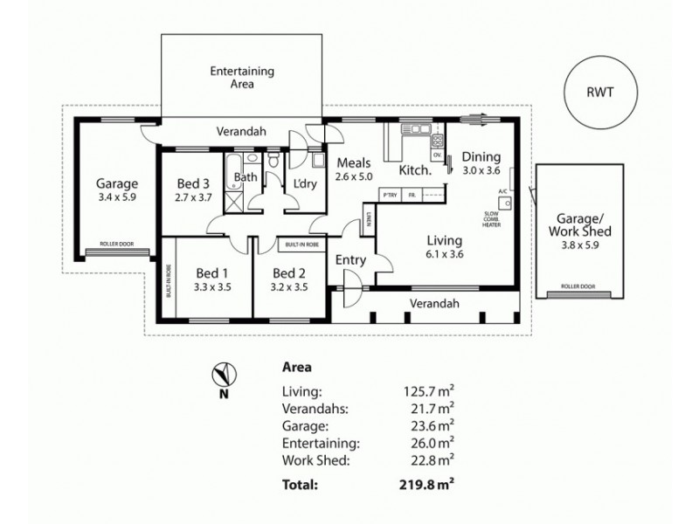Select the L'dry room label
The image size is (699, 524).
pos(304,183)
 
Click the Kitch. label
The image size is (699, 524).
pos(416,169)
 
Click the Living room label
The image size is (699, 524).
pos(444,240)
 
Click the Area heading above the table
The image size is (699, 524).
pos(298,368)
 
